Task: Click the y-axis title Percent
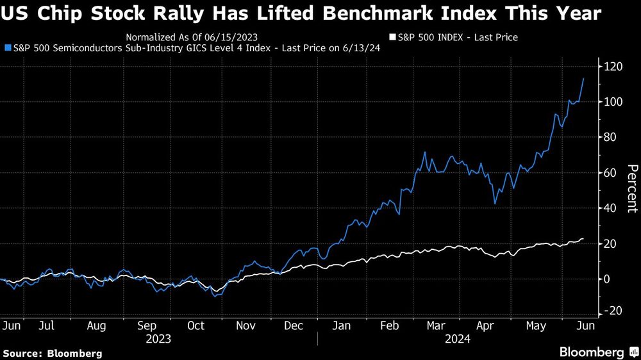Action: [631, 188]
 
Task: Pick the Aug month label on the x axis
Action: [96, 326]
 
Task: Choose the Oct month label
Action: [196, 326]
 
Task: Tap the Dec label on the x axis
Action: [294, 326]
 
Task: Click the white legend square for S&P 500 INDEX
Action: [392, 38]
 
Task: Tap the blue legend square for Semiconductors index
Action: [7, 48]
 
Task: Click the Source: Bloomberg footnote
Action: [53, 353]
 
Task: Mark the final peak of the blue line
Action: [583, 79]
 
